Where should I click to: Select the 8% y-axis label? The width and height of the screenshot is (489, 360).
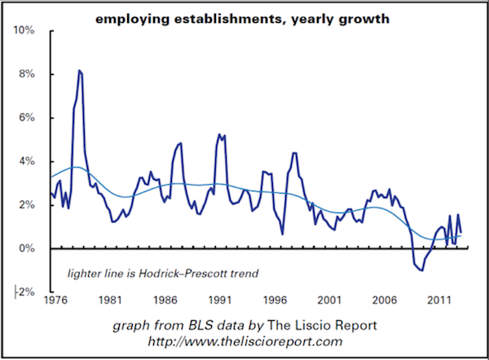point(26,74)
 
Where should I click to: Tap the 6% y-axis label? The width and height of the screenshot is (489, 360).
point(26,118)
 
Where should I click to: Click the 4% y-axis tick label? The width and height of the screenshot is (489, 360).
point(26,161)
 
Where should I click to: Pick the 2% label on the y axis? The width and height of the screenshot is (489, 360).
point(26,205)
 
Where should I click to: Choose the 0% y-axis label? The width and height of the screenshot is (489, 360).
point(26,248)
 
